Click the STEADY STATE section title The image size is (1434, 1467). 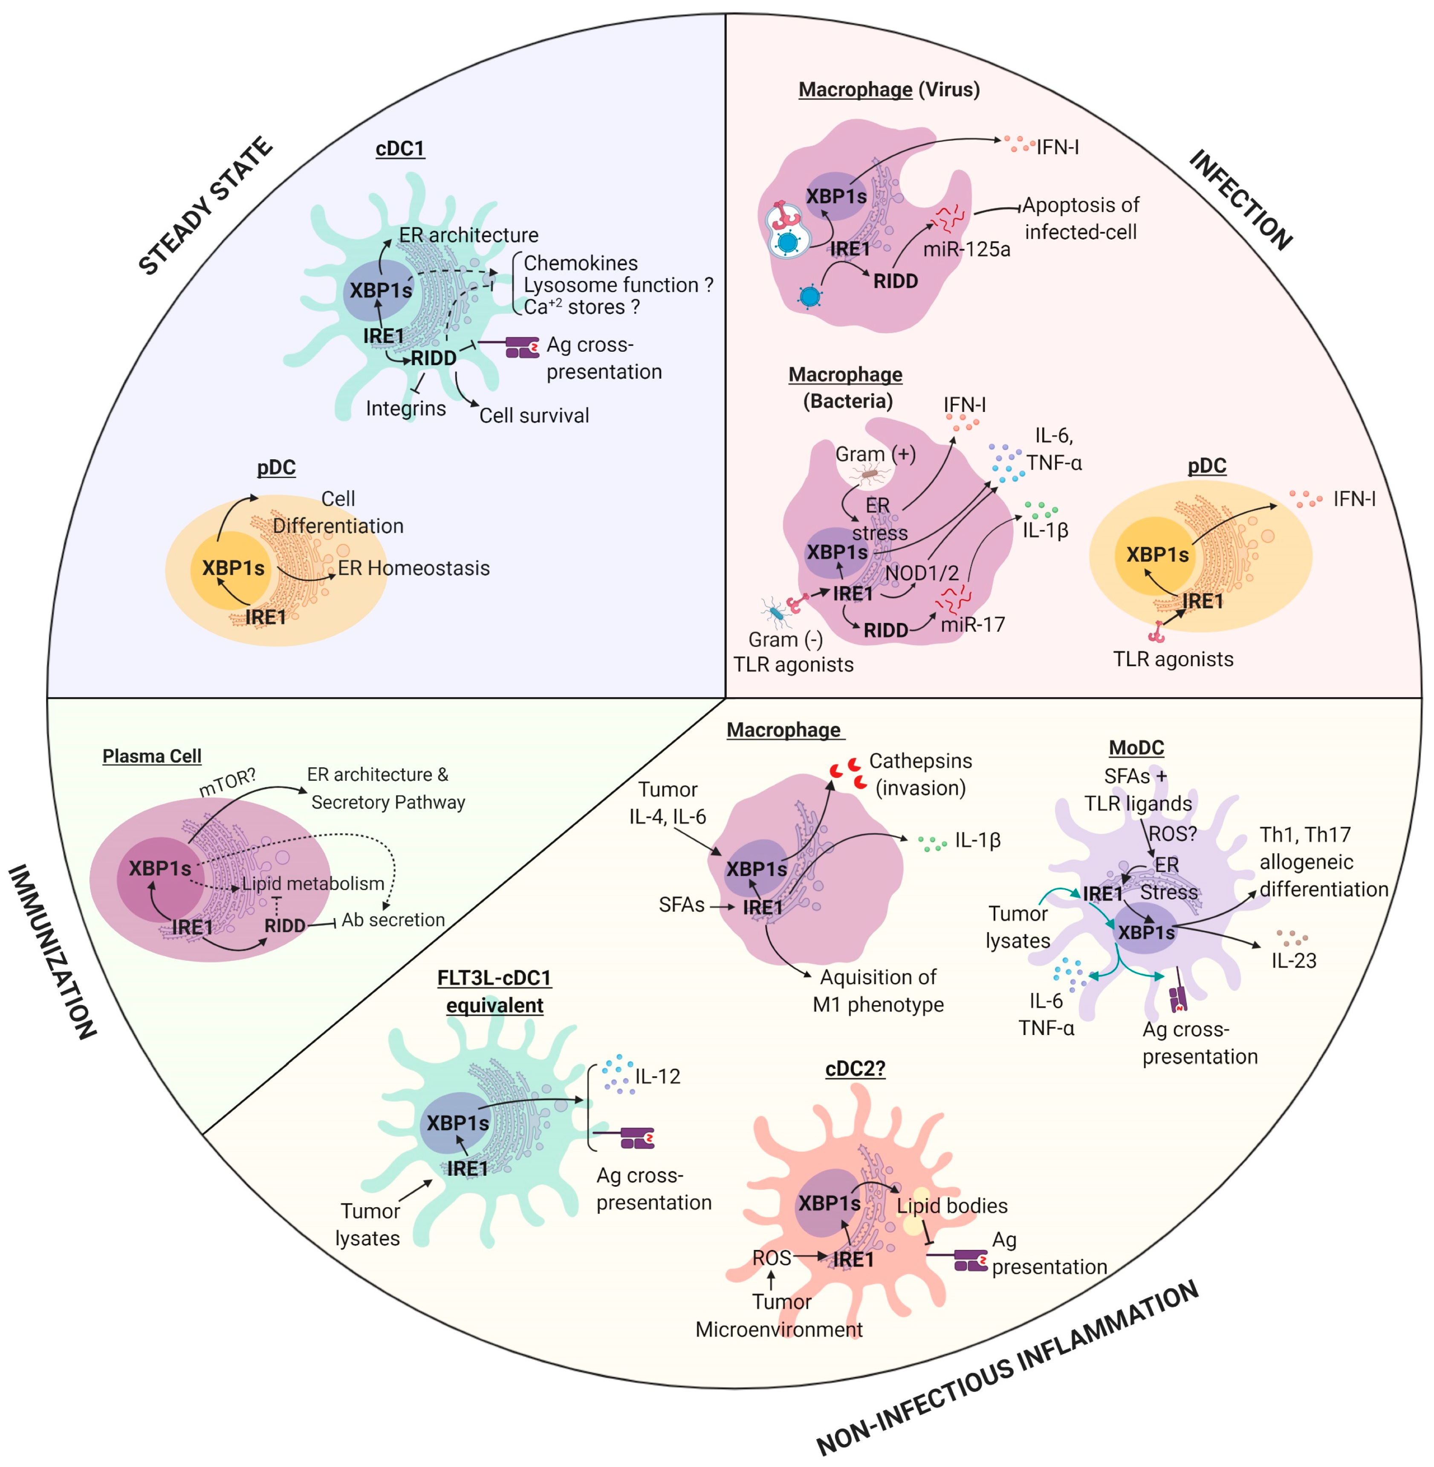[x=205, y=206]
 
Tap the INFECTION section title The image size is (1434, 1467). [x=1240, y=200]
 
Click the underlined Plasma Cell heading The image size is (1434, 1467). [x=152, y=756]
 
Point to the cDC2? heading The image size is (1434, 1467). [x=855, y=1068]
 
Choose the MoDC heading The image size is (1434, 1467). [x=1136, y=748]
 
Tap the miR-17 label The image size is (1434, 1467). [x=972, y=624]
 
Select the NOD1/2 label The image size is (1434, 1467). [x=922, y=573]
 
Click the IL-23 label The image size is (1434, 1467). [x=1294, y=961]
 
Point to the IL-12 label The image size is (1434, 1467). [x=657, y=1076]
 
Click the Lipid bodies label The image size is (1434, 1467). [x=952, y=1206]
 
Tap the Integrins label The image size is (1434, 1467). [x=406, y=409]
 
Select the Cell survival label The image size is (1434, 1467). [x=534, y=415]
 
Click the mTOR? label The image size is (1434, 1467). [x=228, y=783]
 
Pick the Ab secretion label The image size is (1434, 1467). [x=393, y=919]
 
